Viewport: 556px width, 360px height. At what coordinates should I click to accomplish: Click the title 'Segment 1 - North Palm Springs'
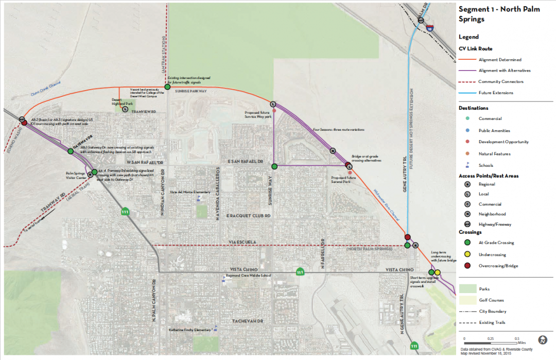499,14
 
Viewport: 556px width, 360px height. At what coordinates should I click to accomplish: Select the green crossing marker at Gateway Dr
71,151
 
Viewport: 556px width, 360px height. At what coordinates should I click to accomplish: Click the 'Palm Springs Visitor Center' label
75,175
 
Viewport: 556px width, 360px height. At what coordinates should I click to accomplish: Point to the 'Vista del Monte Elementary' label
194,192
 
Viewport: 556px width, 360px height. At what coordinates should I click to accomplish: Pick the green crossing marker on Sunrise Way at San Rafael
274,166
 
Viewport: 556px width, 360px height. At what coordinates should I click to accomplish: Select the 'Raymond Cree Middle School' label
251,276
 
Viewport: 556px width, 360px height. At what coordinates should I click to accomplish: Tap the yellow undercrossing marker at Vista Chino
438,272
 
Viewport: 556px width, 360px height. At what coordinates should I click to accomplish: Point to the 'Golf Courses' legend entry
491,300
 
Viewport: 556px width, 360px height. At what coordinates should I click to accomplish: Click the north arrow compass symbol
543,340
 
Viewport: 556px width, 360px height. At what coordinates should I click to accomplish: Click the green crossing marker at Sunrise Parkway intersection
167,87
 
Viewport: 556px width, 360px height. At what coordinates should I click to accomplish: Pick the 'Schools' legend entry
485,165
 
